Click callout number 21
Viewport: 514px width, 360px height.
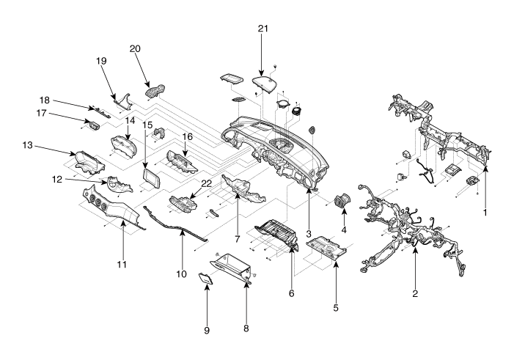263,29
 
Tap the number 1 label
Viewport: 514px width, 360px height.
484,212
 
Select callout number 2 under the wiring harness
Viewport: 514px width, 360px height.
415,293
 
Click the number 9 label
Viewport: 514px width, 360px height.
207,331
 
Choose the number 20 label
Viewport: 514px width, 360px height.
134,49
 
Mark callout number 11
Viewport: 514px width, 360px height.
122,262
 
